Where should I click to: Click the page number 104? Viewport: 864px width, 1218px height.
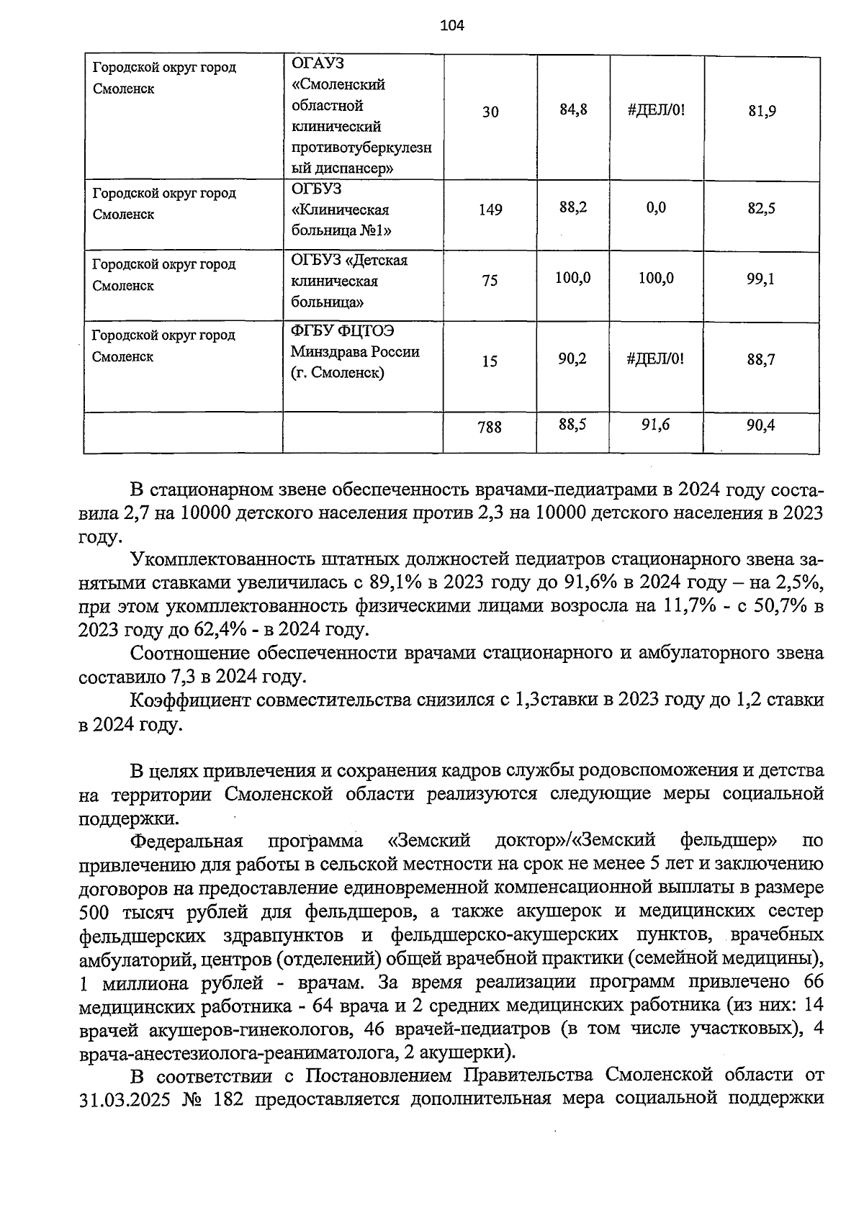click(452, 27)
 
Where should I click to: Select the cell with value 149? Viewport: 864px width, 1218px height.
click(490, 210)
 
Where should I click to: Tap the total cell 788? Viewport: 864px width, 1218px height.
click(490, 428)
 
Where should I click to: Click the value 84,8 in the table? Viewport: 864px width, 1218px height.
click(573, 110)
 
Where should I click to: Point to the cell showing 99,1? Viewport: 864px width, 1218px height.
click(760, 279)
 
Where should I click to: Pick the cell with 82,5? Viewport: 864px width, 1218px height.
click(760, 209)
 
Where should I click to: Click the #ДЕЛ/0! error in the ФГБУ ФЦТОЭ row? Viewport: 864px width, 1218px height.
click(655, 358)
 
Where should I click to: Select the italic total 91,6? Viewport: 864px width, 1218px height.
click(655, 425)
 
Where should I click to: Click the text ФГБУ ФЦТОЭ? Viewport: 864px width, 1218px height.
click(343, 330)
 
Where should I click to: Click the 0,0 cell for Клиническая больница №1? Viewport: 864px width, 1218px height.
click(655, 208)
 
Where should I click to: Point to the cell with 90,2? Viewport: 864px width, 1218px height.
click(572, 358)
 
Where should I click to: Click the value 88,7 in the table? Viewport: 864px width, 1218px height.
click(760, 360)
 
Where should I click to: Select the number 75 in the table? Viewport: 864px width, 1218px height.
click(490, 281)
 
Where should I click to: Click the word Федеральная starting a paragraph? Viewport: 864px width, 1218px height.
click(186, 841)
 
